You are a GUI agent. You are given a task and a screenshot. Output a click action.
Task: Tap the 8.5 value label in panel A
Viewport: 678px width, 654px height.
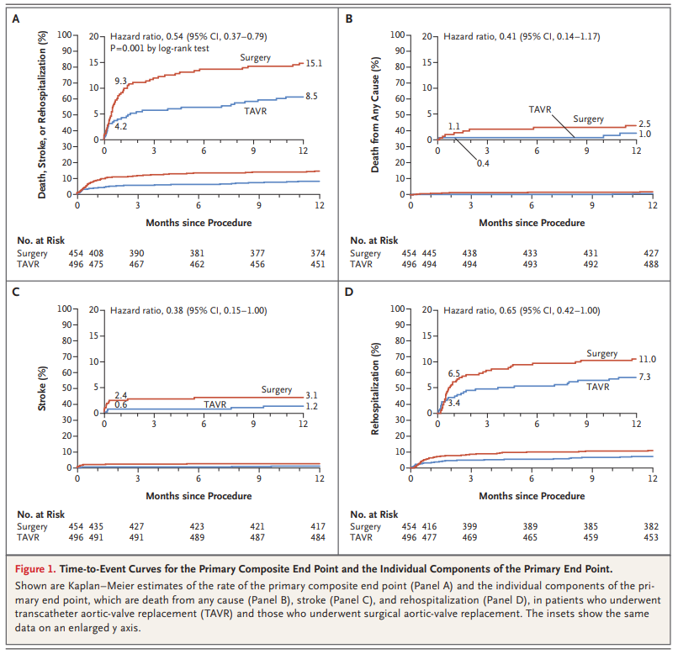click(x=311, y=97)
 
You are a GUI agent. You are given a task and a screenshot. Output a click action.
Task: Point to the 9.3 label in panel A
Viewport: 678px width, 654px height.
click(x=121, y=80)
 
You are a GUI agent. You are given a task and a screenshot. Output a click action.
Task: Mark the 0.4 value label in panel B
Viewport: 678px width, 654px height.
click(x=483, y=162)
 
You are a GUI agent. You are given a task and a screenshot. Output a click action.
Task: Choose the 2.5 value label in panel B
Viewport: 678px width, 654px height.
click(x=644, y=123)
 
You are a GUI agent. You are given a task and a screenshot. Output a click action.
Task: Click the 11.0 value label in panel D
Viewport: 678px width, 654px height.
click(x=646, y=360)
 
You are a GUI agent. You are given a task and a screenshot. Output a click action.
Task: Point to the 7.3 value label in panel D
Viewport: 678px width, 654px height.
click(x=644, y=377)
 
